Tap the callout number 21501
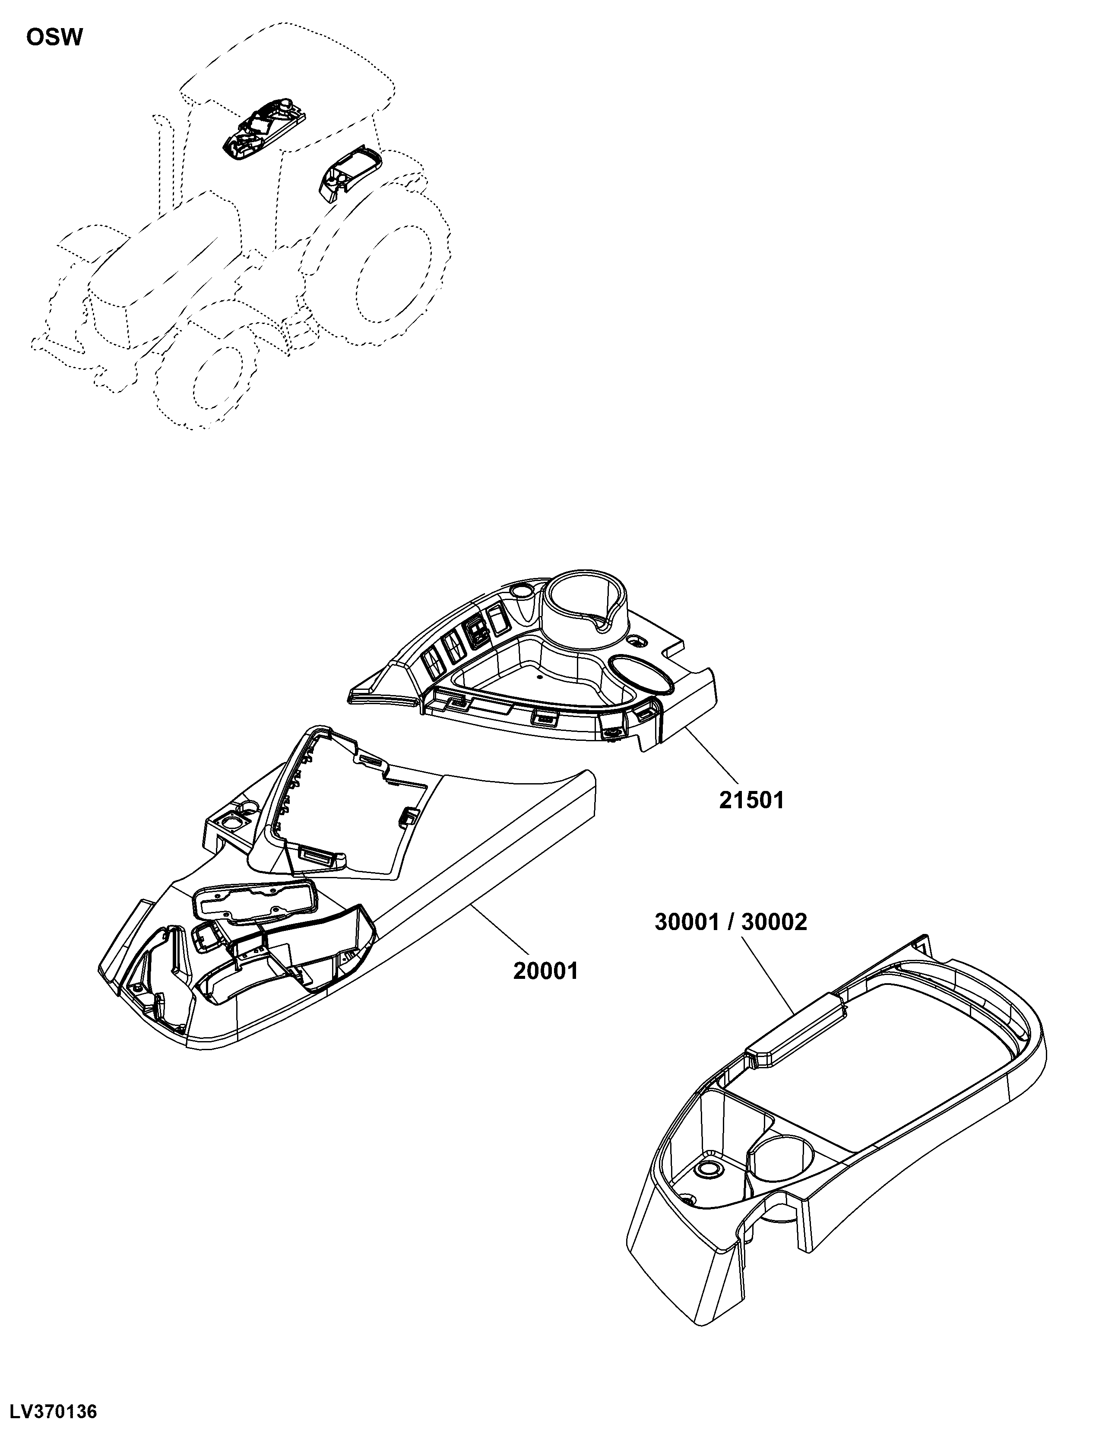tap(751, 800)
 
